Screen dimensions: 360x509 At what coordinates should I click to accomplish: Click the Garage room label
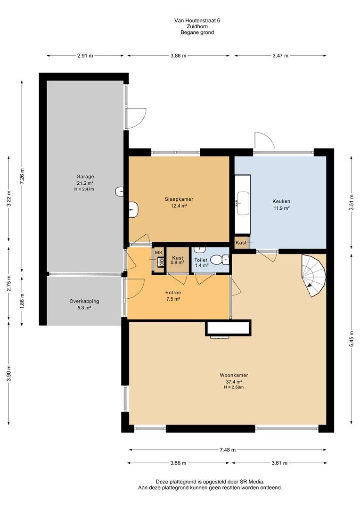point(85,177)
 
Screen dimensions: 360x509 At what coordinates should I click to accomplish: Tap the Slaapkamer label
point(179,199)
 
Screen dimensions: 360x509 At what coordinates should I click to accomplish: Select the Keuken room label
point(281,201)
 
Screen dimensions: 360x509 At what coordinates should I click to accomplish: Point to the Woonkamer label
point(234,375)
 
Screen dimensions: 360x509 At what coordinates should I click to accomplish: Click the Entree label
point(173,293)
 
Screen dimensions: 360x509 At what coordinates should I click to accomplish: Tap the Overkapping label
point(84,301)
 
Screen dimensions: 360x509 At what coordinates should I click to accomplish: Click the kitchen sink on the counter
point(243,203)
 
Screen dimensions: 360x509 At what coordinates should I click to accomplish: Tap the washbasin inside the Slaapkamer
point(134,209)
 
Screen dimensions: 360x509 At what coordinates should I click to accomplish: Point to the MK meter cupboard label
point(158,253)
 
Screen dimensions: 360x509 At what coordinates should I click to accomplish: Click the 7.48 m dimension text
point(227,450)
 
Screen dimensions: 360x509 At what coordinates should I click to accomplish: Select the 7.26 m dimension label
point(22,176)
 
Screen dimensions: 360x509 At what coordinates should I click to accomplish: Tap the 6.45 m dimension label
point(352,339)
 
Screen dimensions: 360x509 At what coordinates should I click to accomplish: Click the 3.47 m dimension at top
point(280,56)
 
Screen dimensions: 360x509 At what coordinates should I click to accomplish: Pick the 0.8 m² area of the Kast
point(178,263)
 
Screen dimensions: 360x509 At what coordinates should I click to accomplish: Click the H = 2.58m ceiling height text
point(234,387)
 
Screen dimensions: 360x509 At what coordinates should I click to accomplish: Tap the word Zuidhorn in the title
point(197,26)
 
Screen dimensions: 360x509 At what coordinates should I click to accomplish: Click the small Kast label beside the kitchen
point(241,243)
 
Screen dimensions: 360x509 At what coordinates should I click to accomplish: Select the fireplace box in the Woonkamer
point(228,328)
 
